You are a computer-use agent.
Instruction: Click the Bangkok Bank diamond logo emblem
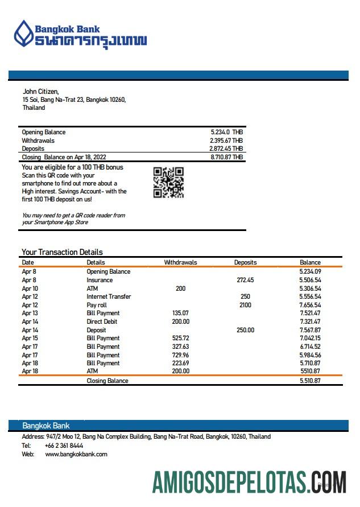pos(23,34)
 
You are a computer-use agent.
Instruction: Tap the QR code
pos(168,182)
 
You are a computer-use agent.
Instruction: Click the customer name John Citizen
pos(40,92)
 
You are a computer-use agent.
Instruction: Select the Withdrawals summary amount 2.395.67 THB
pos(226,141)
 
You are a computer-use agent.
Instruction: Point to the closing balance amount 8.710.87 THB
pos(226,157)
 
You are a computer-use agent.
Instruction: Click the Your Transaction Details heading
pos(62,252)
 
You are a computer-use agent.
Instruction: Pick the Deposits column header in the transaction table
pos(245,262)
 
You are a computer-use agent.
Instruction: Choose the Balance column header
pos(310,262)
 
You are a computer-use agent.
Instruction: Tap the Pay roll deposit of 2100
pos(245,305)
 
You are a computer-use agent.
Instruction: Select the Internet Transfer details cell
pos(109,296)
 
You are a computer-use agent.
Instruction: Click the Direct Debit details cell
pos(102,321)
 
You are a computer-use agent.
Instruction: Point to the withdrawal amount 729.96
pos(180,355)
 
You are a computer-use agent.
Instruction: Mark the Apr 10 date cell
pos(30,288)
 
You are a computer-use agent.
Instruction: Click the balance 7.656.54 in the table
pos(310,305)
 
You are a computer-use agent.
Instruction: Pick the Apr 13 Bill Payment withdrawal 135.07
pos(180,313)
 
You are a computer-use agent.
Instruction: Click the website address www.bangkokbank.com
pos(76,454)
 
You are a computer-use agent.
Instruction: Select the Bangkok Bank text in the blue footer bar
pos(45,426)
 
